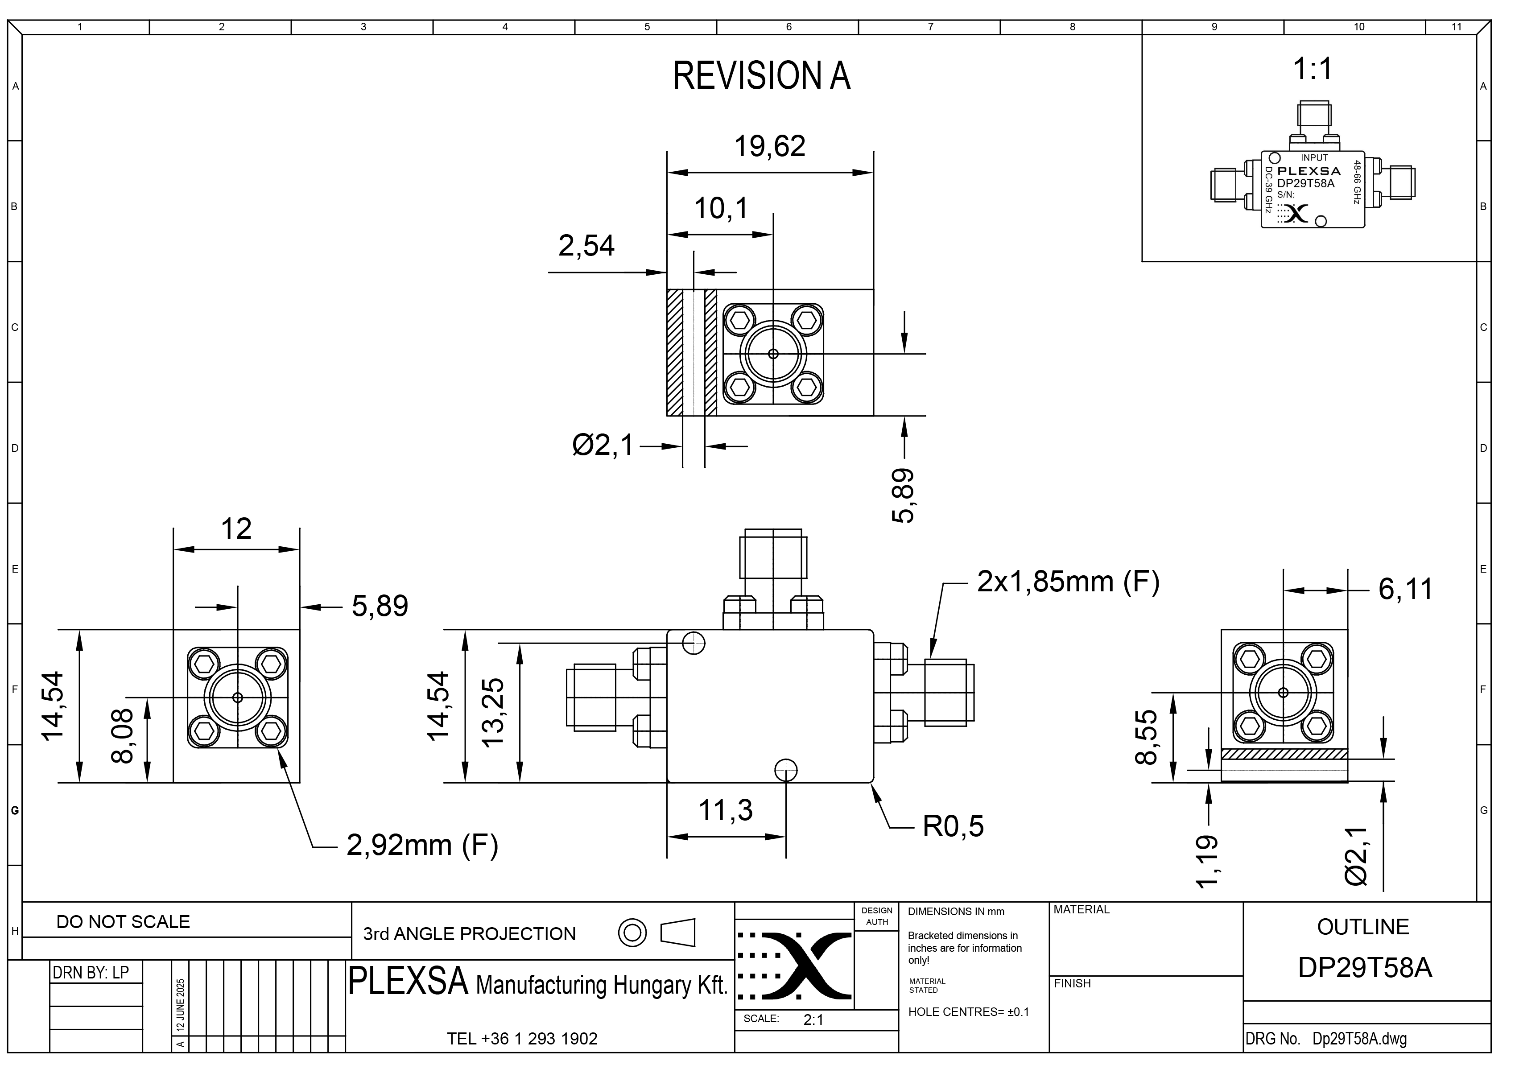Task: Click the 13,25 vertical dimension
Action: click(494, 712)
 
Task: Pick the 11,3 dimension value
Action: click(726, 810)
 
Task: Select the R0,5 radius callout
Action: click(953, 826)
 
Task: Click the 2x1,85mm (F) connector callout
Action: click(1068, 582)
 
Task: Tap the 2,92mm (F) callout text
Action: click(422, 845)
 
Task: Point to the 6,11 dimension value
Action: click(1405, 590)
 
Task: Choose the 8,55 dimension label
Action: click(1146, 737)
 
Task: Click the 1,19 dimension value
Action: click(1207, 862)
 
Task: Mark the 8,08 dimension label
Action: click(123, 736)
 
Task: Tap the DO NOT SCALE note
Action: click(123, 922)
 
